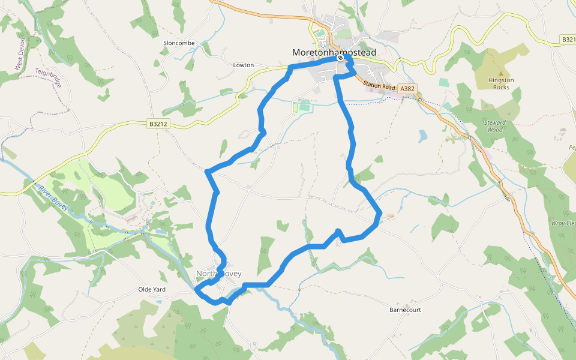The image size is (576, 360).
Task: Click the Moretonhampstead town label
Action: [x=334, y=53]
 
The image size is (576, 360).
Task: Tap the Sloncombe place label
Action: [x=179, y=43]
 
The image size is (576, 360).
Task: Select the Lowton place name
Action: [x=244, y=65]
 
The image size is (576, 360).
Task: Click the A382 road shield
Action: [x=407, y=89]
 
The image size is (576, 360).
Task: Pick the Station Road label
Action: [x=379, y=86]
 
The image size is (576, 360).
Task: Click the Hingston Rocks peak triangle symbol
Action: [x=501, y=73]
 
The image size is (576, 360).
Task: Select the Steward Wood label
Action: [x=496, y=125]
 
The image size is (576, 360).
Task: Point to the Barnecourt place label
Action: [x=405, y=310]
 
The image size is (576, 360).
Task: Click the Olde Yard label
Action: [x=151, y=289]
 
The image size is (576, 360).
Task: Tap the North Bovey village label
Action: [x=218, y=274]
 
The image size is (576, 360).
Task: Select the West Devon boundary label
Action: [x=21, y=55]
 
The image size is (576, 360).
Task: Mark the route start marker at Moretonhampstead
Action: [x=340, y=59]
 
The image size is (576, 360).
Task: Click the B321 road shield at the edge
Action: [x=568, y=39]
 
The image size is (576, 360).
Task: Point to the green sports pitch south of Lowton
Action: [x=304, y=107]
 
